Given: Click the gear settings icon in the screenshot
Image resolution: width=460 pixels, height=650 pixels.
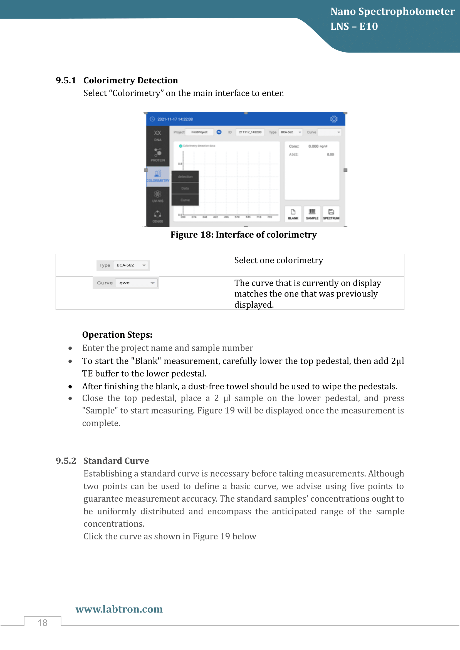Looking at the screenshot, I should (334, 119).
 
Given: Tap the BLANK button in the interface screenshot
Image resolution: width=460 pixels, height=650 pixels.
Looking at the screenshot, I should (293, 214).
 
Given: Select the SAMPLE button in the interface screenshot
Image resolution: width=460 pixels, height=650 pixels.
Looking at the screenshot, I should (312, 214).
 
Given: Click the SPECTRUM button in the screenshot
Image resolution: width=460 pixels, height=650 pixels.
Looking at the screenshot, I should (331, 214).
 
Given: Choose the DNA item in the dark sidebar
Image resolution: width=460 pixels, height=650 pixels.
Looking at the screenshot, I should (157, 136).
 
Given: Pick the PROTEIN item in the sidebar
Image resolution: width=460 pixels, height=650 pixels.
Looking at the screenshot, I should (157, 155).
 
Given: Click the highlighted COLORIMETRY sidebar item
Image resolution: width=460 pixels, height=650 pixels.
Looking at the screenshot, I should (157, 176).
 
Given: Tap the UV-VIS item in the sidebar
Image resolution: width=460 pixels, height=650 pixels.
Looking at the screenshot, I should (157, 196).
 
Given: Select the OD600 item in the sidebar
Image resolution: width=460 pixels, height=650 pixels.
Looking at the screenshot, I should (157, 216).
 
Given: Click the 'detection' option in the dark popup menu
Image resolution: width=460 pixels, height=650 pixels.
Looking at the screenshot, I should (185, 176).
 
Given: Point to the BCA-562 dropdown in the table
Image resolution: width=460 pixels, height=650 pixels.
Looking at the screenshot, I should (131, 265).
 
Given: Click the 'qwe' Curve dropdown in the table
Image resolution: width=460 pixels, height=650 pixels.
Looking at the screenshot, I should (136, 283).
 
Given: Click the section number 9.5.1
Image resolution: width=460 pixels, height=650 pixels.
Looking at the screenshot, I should (66, 80).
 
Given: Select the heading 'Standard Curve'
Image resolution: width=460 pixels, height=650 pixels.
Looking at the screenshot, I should (116, 460).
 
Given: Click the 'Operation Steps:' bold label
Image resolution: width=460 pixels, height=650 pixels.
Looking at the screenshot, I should (117, 335).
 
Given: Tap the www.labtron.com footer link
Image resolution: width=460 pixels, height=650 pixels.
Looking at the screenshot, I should (119, 609).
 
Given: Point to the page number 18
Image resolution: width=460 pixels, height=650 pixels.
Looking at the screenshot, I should (43, 623).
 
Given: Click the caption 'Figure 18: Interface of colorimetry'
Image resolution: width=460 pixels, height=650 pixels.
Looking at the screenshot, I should (244, 235).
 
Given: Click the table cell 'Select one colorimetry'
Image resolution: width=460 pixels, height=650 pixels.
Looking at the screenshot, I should (278, 260).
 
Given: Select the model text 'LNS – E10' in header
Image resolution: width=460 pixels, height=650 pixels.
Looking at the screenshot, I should (354, 26).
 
